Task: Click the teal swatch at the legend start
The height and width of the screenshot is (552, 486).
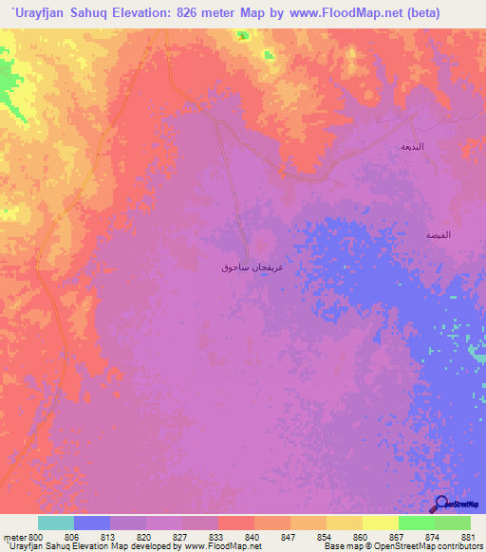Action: [56, 523]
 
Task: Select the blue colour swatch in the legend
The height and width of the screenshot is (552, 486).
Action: [92, 523]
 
